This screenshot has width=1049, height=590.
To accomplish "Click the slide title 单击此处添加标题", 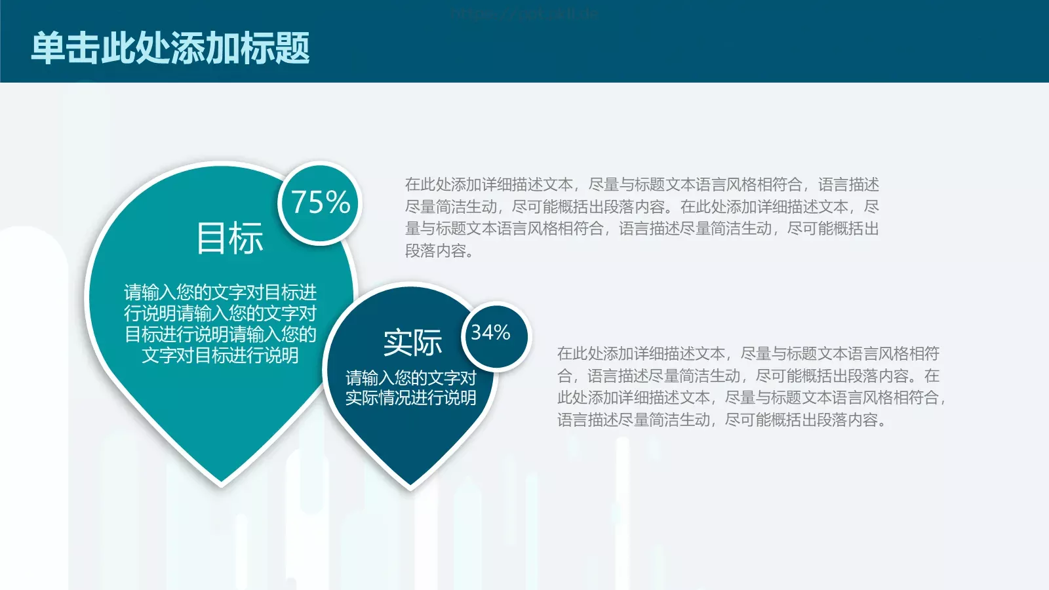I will [170, 48].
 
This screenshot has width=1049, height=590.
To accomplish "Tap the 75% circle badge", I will [320, 203].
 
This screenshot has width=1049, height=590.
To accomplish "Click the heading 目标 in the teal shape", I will [229, 238].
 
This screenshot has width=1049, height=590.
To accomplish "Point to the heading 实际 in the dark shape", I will [412, 343].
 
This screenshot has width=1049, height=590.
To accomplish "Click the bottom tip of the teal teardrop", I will [221, 483].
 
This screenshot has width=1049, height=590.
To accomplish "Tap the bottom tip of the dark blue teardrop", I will [410, 486].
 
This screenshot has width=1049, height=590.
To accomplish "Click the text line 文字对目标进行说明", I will [220, 355].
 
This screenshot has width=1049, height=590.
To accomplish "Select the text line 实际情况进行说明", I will [411, 398].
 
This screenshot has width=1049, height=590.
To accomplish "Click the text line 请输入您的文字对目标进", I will [220, 292].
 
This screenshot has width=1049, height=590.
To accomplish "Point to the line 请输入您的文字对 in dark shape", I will [411, 378].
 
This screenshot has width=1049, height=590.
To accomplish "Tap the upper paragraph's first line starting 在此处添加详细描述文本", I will [642, 185].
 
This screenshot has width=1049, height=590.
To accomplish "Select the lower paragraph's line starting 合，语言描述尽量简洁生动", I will [748, 376].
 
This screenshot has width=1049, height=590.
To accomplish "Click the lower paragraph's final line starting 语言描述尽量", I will [721, 420].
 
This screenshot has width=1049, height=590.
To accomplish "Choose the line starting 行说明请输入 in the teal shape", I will [220, 313].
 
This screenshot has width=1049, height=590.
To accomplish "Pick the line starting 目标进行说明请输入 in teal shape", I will [220, 334].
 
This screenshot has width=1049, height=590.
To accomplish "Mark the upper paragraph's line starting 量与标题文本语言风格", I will [642, 229].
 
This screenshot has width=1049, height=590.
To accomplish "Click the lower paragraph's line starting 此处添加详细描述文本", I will [751, 398].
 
